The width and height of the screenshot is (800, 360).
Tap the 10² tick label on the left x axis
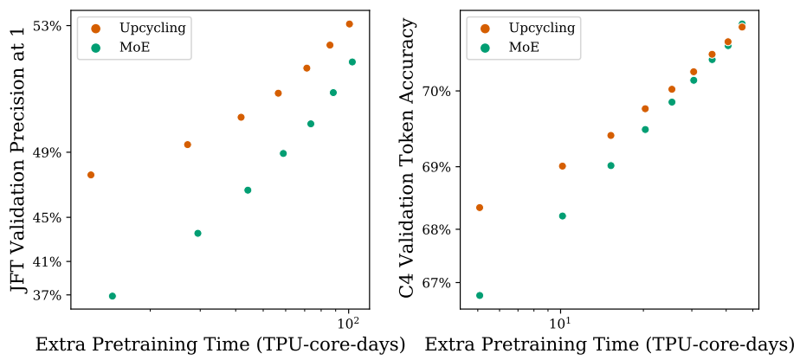point(348,323)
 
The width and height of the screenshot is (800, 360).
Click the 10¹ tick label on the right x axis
point(560,323)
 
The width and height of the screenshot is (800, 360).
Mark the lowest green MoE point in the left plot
point(112,296)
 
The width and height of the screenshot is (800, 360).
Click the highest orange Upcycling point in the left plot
point(350,23)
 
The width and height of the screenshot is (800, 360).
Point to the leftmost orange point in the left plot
point(91,175)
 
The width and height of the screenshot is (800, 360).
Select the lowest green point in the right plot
point(480,295)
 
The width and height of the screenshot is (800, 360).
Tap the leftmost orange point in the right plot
point(480,208)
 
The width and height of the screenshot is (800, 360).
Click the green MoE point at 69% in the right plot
point(610,165)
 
